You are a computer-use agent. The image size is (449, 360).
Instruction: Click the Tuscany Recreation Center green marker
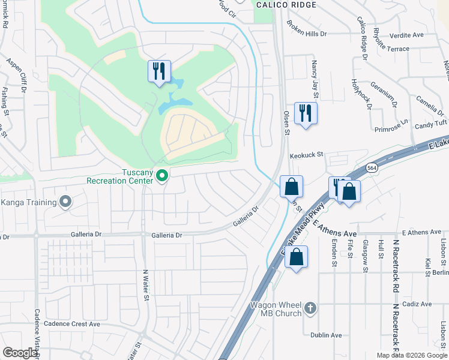(161, 176)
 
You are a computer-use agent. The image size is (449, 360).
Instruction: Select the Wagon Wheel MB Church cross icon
(310, 308)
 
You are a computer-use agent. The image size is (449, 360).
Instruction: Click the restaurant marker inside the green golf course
(159, 71)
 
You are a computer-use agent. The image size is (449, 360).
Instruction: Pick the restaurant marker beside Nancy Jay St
(306, 112)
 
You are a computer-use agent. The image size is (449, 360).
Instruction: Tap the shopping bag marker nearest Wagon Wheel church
(296, 257)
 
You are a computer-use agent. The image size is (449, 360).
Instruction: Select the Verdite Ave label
(406, 35)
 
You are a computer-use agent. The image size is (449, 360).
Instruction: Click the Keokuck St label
(307, 155)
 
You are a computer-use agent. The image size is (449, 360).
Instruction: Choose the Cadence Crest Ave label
(68, 324)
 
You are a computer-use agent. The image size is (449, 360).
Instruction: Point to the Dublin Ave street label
(326, 335)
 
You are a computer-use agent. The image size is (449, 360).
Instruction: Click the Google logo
(20, 353)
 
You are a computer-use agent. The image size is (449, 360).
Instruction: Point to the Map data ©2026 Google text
(411, 355)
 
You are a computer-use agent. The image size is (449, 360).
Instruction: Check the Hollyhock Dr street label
(362, 94)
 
